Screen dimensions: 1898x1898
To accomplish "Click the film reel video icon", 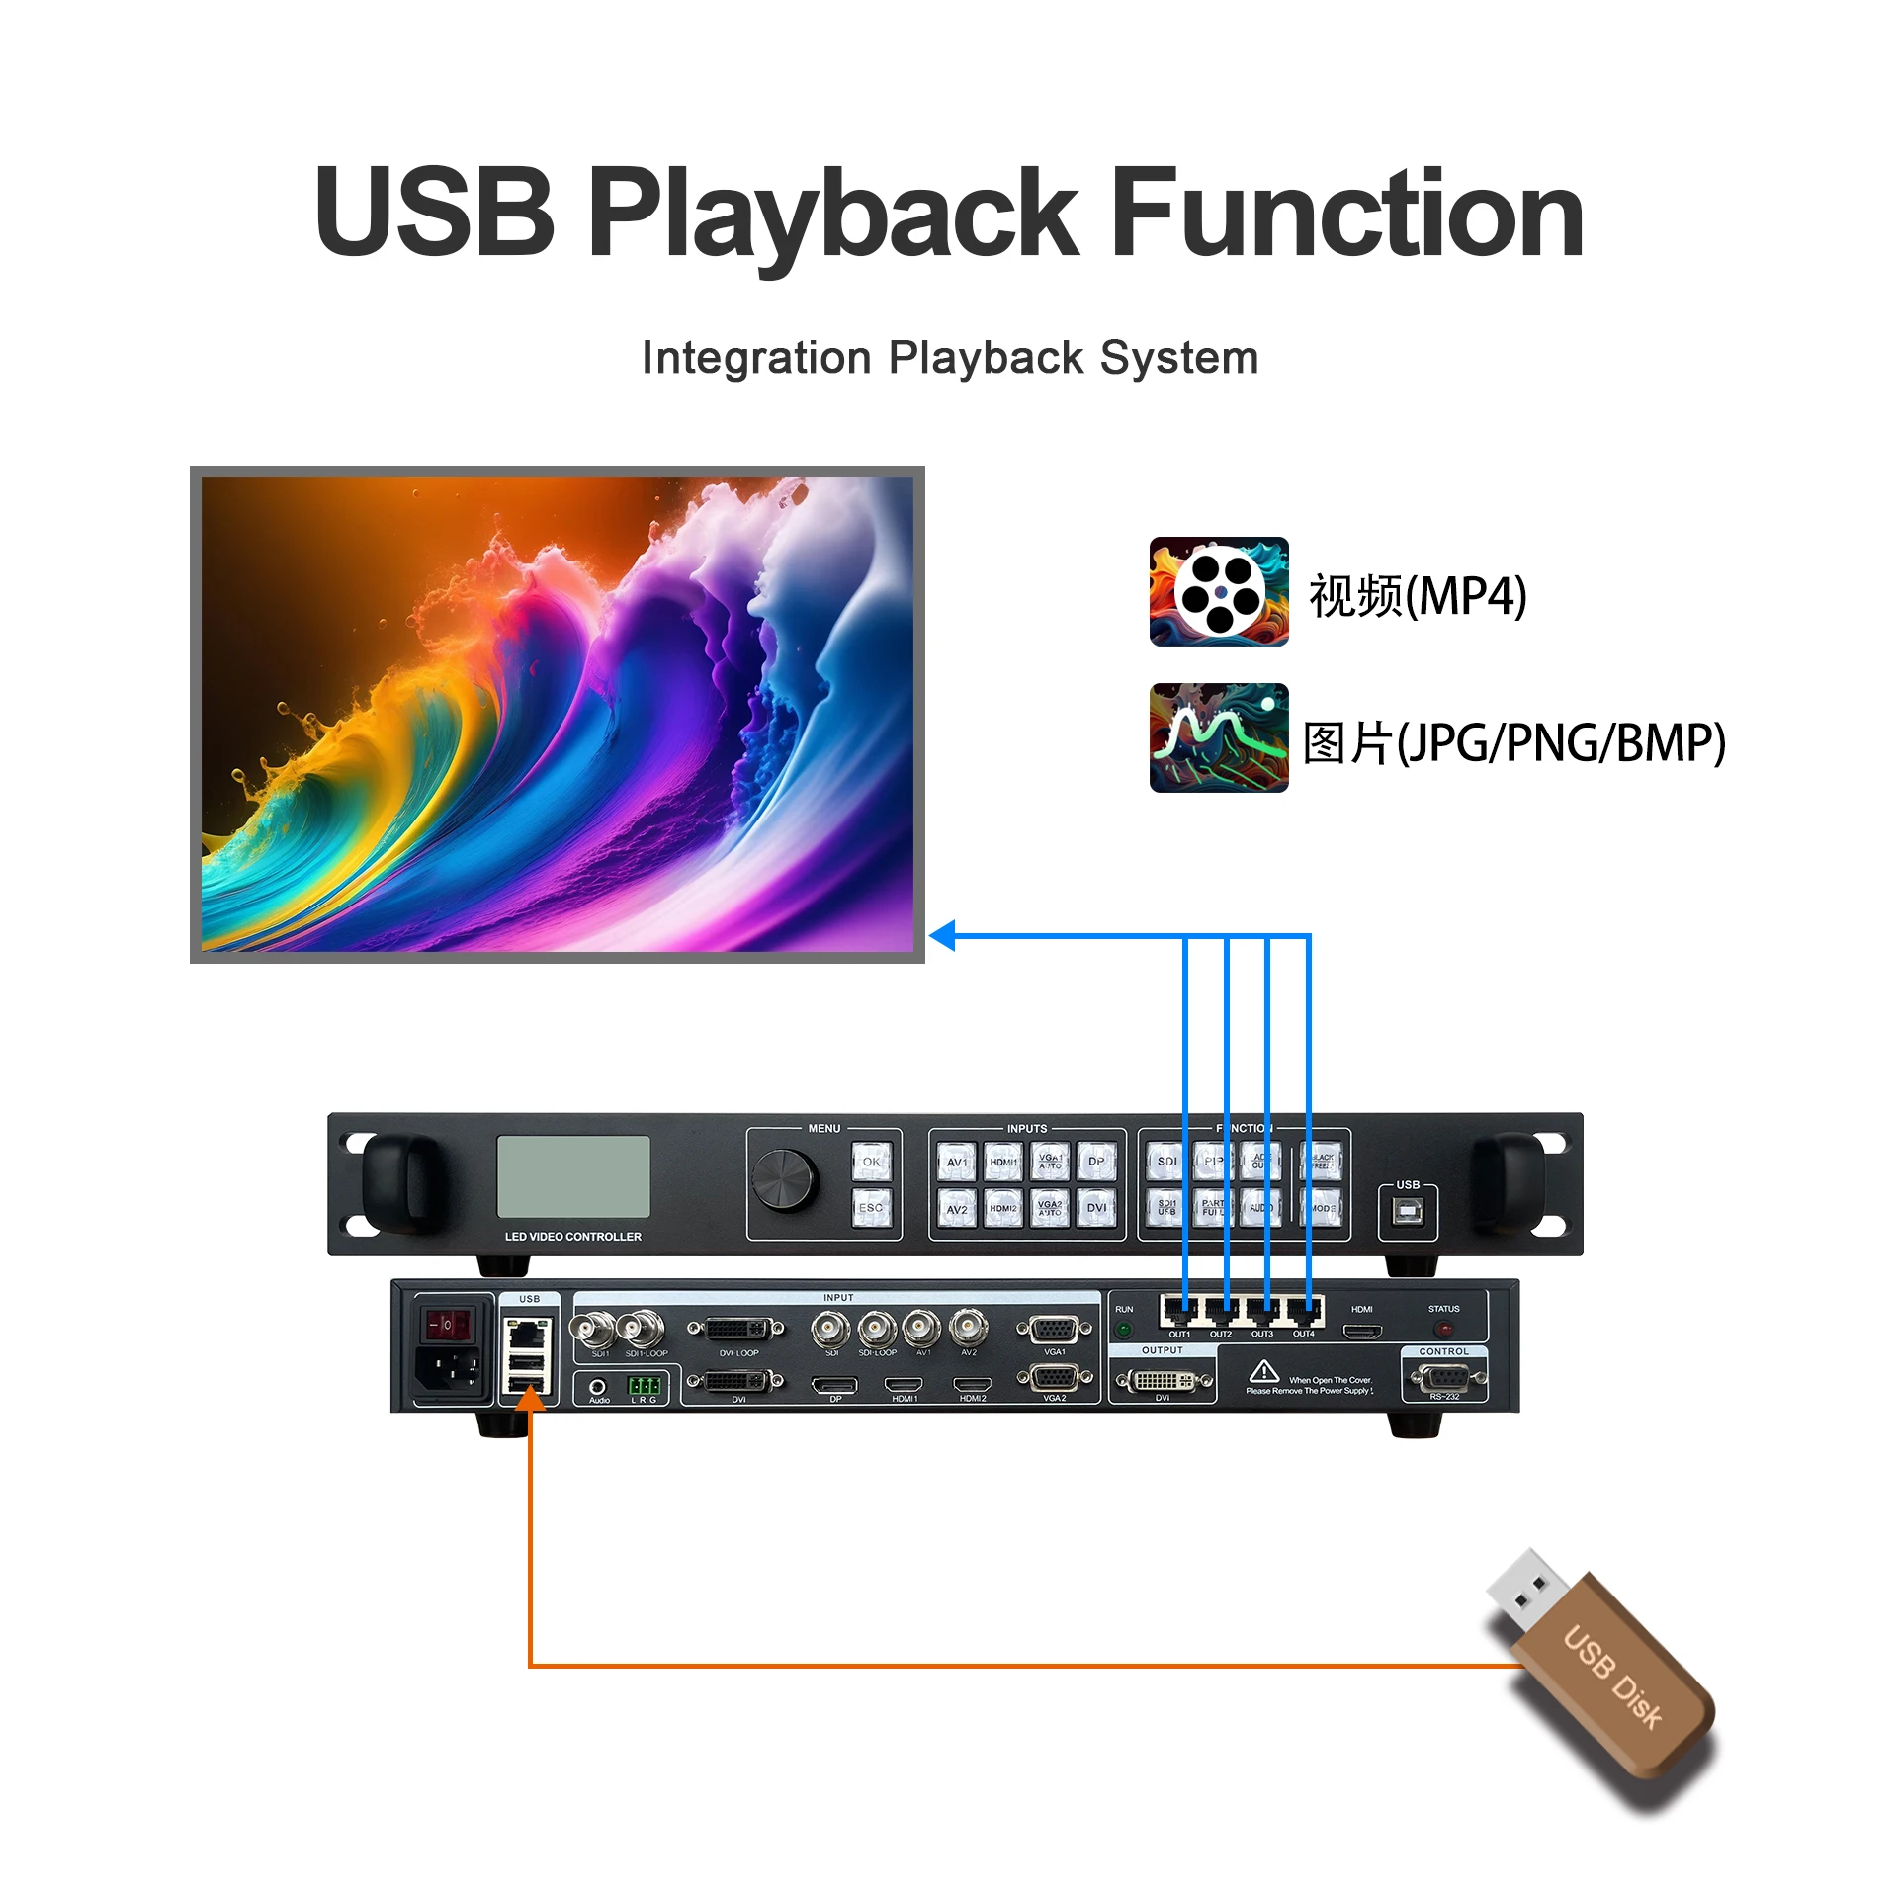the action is coord(1218,591).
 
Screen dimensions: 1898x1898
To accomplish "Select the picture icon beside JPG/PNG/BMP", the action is coord(1218,737).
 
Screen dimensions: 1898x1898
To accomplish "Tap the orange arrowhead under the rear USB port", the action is coord(531,1399).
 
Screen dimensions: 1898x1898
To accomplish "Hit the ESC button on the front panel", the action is coord(871,1207).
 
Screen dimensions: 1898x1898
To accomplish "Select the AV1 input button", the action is coord(957,1163).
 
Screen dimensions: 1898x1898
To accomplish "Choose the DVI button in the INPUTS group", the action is coord(1096,1207).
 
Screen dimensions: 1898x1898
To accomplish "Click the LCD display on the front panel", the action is coord(573,1176).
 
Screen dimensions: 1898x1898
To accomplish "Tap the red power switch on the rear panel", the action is coord(447,1323).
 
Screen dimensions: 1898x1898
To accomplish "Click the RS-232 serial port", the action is coord(1444,1377).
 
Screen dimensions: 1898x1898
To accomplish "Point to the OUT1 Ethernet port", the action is coord(1179,1312).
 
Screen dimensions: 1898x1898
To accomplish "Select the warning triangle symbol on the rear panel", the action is coord(1263,1372).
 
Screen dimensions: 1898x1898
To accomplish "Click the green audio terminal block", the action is coord(645,1385).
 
